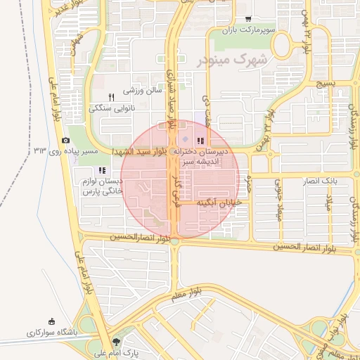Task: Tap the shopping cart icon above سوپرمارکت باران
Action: point(247,19)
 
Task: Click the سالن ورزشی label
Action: point(143,90)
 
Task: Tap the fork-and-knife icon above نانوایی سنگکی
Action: point(110,97)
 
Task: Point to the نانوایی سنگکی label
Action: point(110,108)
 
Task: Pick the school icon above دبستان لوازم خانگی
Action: point(102,170)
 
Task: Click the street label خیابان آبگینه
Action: point(219,202)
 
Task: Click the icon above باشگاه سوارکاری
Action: point(51,320)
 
